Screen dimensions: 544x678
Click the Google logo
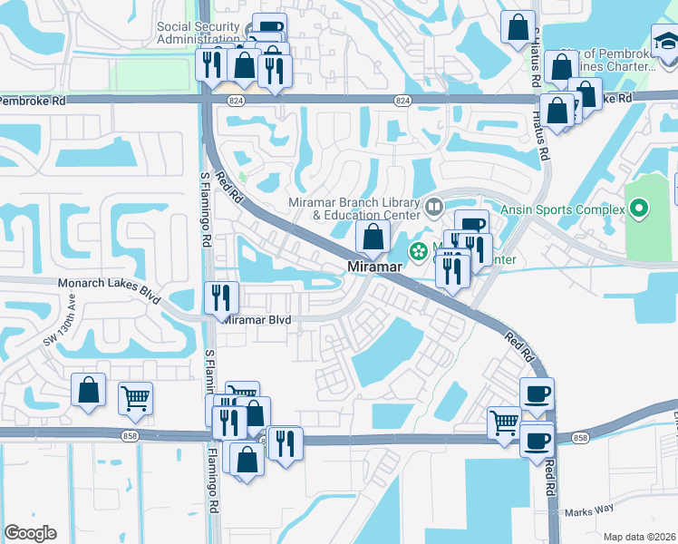tap(30, 533)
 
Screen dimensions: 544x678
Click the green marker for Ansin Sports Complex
tap(639, 209)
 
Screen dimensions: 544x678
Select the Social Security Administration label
tap(198, 33)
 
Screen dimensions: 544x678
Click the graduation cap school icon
tap(664, 43)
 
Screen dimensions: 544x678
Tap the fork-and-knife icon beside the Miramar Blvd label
tap(221, 296)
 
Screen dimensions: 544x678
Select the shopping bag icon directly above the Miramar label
tap(373, 238)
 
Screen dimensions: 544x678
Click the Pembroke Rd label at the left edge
tap(33, 100)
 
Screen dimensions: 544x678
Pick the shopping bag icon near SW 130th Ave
tap(89, 389)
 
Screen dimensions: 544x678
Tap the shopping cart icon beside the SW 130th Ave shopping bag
tap(135, 397)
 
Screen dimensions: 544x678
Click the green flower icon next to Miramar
tap(419, 251)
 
